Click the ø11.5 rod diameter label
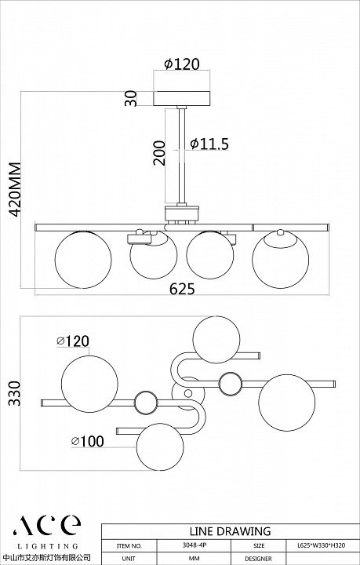(x=209, y=144)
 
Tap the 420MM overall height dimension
(x=15, y=190)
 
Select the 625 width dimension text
(x=182, y=289)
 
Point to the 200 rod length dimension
(x=159, y=153)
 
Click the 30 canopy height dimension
(x=131, y=98)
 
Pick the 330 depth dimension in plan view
(x=15, y=393)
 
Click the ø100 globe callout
(x=88, y=441)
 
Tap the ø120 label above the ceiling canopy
(x=181, y=64)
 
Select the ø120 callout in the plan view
(x=73, y=341)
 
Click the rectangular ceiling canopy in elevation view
(x=182, y=98)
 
